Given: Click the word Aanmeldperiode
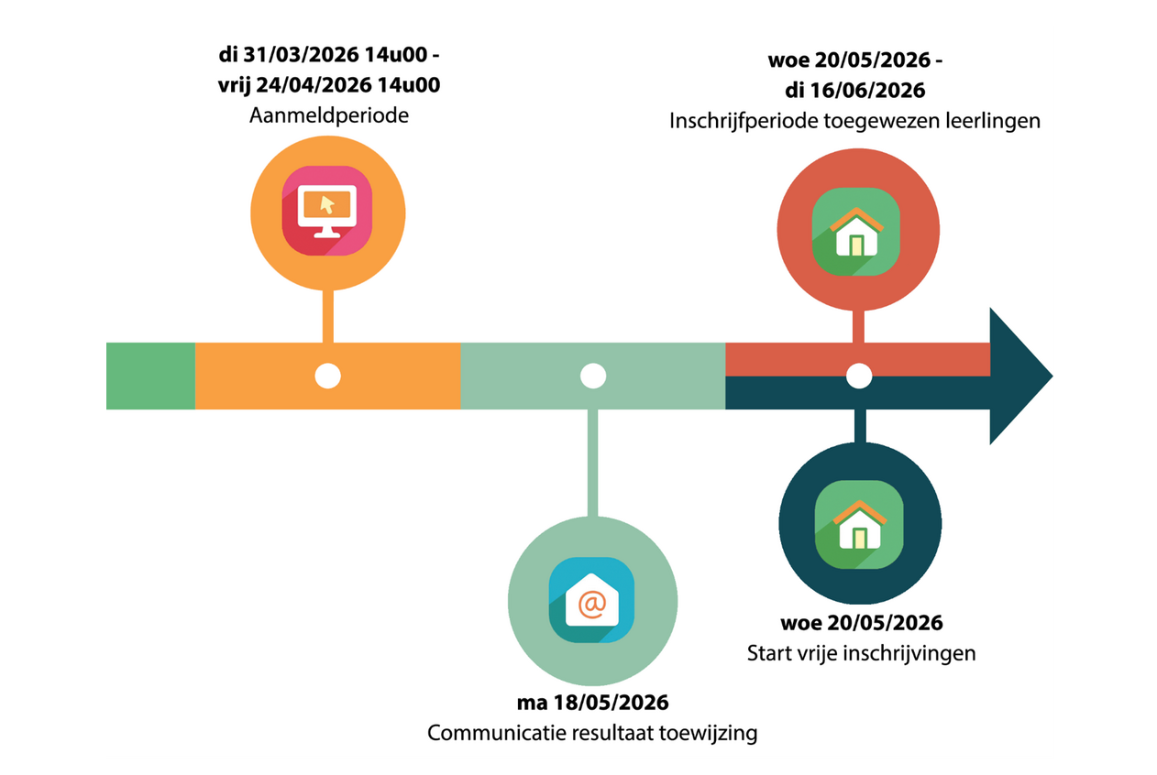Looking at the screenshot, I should pyautogui.click(x=327, y=118).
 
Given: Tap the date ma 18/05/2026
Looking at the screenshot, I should pyautogui.click(x=591, y=704).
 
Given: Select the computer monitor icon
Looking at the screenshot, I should pyautogui.click(x=326, y=211).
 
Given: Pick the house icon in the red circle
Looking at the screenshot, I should pyautogui.click(x=856, y=232).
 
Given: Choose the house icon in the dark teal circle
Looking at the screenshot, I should pyautogui.click(x=858, y=525).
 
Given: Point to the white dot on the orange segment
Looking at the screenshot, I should pyautogui.click(x=327, y=376).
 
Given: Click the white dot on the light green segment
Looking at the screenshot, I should pyautogui.click(x=593, y=376).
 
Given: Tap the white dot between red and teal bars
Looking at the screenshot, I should pyautogui.click(x=858, y=376).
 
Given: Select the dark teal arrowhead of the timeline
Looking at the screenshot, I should pyautogui.click(x=1018, y=376).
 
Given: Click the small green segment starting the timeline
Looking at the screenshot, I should pyautogui.click(x=150, y=376).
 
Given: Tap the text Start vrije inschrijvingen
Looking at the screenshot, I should pyautogui.click(x=861, y=654).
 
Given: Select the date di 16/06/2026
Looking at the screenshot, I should pyautogui.click(x=854, y=91).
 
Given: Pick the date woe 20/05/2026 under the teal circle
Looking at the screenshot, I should pyautogui.click(x=861, y=624).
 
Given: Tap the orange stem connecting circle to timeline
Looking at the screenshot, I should pyautogui.click(x=327, y=316).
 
